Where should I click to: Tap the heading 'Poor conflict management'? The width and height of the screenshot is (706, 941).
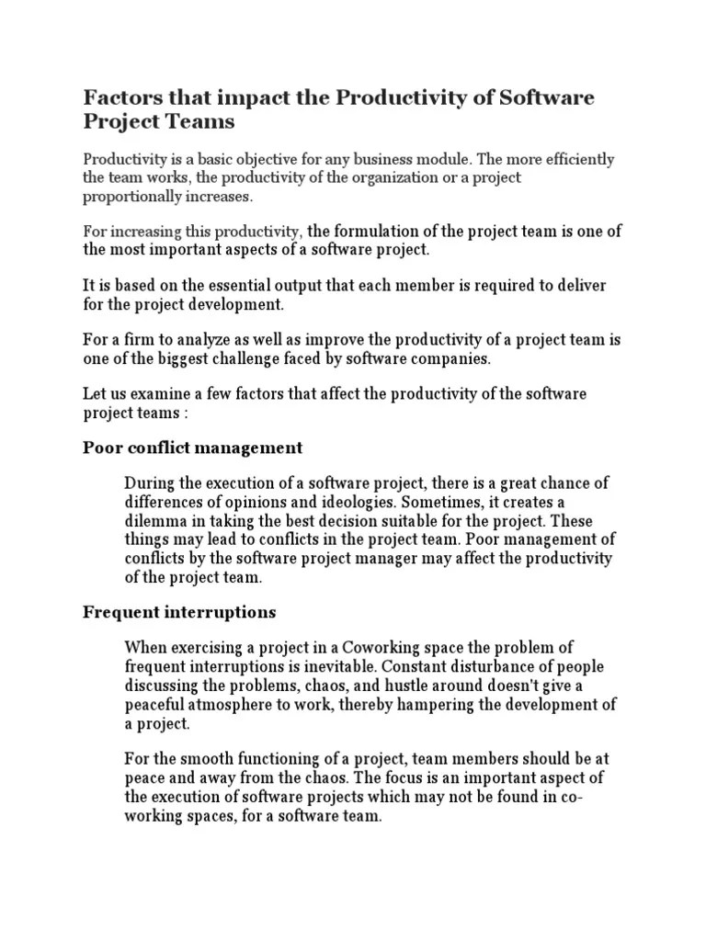[192, 448]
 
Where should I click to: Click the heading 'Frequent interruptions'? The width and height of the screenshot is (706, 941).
[179, 611]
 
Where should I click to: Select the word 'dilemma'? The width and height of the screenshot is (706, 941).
[154, 521]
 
